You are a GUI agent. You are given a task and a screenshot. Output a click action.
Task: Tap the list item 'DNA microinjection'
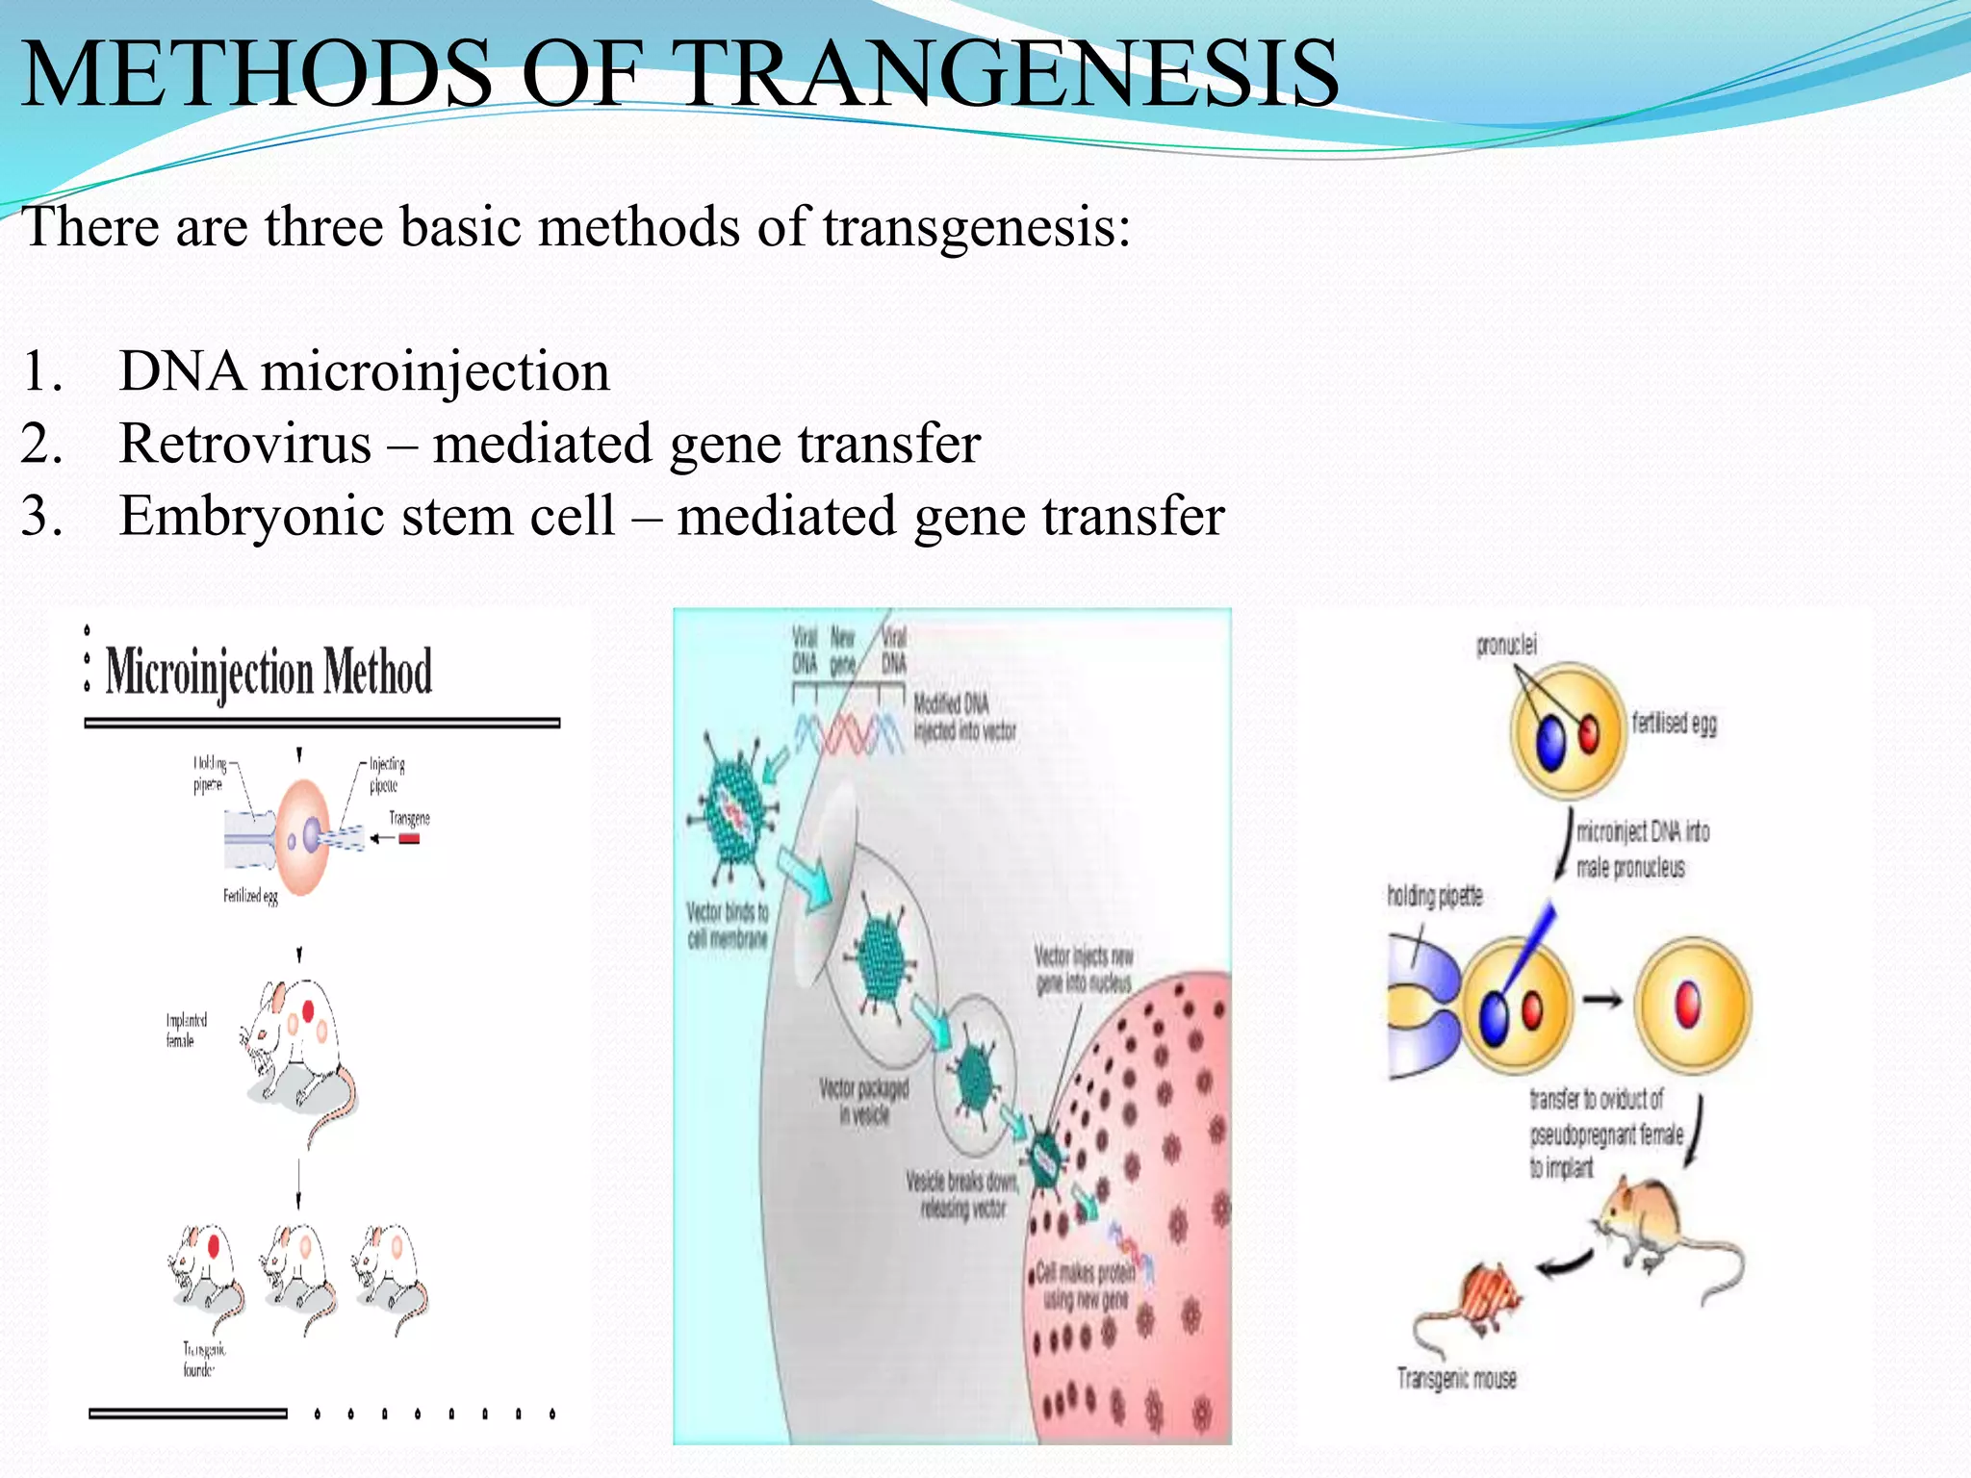pos(364,371)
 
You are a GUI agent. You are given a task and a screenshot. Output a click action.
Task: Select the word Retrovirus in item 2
pos(245,444)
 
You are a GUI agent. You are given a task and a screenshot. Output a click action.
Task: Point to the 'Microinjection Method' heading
pos(269,671)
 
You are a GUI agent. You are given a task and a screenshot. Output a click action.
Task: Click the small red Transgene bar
pos(409,839)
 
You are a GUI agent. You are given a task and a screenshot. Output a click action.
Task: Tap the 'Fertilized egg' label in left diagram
pos(250,896)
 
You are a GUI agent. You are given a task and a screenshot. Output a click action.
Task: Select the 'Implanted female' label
pos(186,1030)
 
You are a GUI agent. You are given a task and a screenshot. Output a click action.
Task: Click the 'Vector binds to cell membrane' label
pos(728,924)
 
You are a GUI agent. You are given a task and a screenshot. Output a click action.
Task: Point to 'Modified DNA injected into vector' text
pos(963,717)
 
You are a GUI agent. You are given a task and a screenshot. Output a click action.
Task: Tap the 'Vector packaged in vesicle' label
pos(864,1101)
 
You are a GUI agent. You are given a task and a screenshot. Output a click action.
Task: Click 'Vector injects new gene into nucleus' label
pos(1084,969)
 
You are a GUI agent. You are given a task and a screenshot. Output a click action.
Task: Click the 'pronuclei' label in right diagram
pos(1506,645)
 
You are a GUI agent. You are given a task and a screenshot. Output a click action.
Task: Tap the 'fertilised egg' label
pos(1674,723)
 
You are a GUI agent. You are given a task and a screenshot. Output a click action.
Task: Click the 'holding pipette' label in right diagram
pos(1434,896)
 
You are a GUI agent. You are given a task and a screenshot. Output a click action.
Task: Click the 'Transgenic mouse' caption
pos(1456,1379)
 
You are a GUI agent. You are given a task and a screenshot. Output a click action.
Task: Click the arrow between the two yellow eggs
pos(1602,1001)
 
